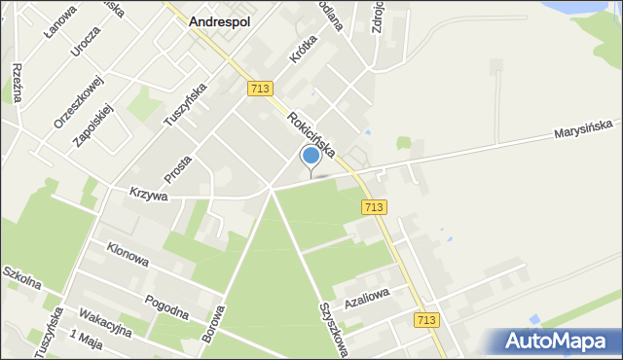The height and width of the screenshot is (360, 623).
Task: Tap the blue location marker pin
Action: click(x=311, y=156)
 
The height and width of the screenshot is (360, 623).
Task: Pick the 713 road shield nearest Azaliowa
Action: click(x=425, y=320)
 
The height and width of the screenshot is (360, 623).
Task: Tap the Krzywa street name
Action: click(x=148, y=195)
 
